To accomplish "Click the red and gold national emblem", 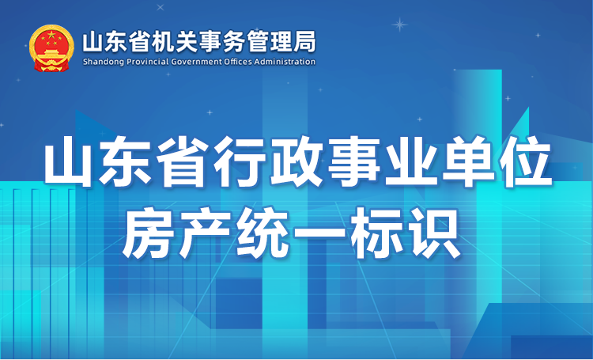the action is pyautogui.click(x=51, y=48).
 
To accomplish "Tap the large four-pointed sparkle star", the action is pyautogui.click(x=399, y=25).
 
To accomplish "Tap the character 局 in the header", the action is pyautogui.click(x=304, y=42).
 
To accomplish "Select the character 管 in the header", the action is pyautogui.click(x=259, y=42).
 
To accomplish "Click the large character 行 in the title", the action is pyautogui.click(x=240, y=162).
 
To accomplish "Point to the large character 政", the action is pyautogui.click(x=297, y=162).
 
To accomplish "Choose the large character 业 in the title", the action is pyautogui.click(x=411, y=162).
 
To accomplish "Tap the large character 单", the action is pyautogui.click(x=468, y=162).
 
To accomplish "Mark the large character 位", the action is pyautogui.click(x=525, y=162).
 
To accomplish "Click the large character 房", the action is pyautogui.click(x=149, y=233).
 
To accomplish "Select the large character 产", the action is pyautogui.click(x=206, y=233).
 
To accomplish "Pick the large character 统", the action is pyautogui.click(x=263, y=233).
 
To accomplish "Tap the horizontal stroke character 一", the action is pyautogui.click(x=319, y=231).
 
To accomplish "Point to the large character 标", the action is pyautogui.click(x=376, y=233).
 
